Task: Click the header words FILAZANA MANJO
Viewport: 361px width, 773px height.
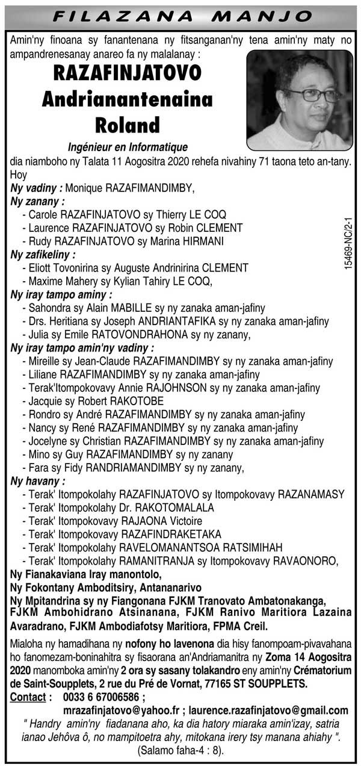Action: pos(180,16)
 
